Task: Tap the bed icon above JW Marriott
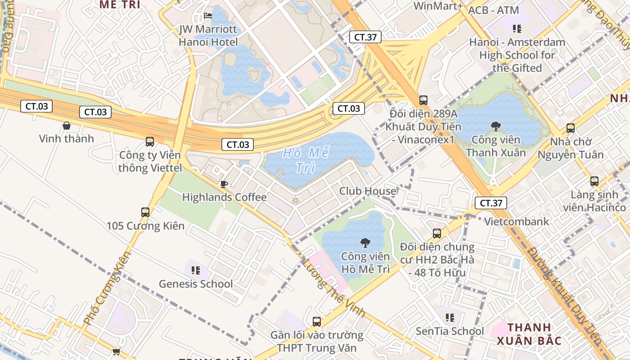(208, 16)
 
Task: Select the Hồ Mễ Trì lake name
(306, 160)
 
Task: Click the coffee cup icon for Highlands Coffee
(224, 184)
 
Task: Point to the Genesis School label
(196, 284)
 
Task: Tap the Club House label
(368, 191)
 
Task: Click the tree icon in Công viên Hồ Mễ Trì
(365, 243)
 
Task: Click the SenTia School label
(450, 332)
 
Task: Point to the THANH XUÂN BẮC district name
(529, 334)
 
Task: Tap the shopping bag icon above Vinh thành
(67, 126)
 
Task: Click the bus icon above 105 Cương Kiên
(145, 212)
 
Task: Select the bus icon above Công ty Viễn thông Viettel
(150, 142)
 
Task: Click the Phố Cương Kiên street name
(107, 288)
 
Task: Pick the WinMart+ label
(438, 6)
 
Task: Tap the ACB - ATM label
(494, 10)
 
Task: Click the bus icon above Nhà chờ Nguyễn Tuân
(571, 128)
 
